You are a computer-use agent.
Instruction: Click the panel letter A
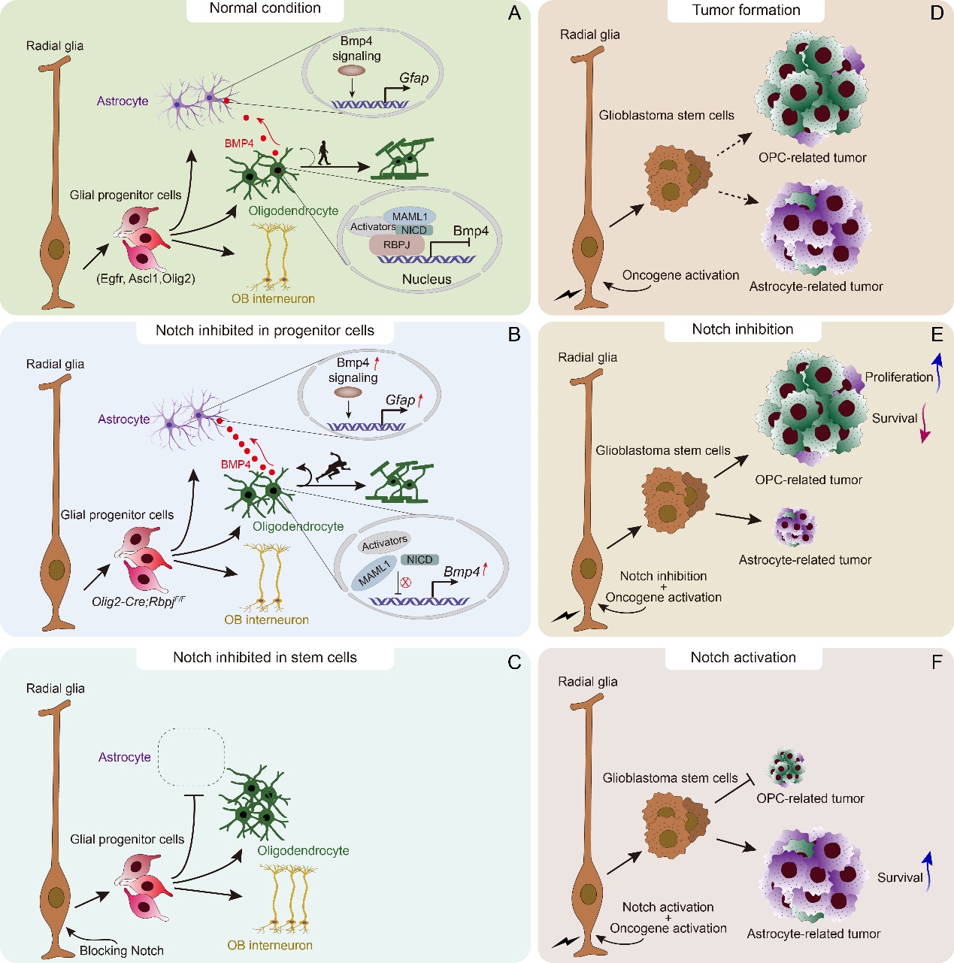point(514,13)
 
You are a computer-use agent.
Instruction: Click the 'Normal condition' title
point(265,9)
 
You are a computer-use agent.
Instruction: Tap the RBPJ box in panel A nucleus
point(396,244)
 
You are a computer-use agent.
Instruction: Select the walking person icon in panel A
point(323,153)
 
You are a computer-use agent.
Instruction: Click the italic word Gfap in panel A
point(413,78)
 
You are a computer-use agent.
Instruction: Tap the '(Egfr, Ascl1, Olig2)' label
point(145,278)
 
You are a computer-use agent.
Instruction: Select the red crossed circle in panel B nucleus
point(406,583)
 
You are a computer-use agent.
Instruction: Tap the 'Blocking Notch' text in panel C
point(122,950)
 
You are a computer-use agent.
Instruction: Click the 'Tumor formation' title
point(746,11)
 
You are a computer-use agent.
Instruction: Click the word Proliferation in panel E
point(898,377)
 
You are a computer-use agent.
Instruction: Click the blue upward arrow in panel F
point(928,870)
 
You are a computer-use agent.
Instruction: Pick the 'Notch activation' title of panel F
point(743,658)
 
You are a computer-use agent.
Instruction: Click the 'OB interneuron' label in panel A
point(273,298)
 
